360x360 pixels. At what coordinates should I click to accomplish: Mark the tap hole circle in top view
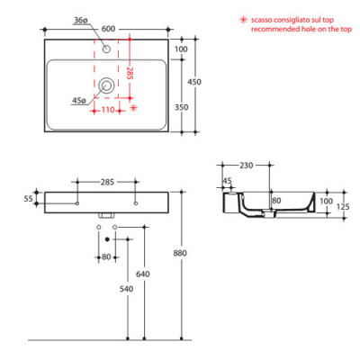[x=107, y=50]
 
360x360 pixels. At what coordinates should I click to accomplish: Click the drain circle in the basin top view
[x=107, y=86]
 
